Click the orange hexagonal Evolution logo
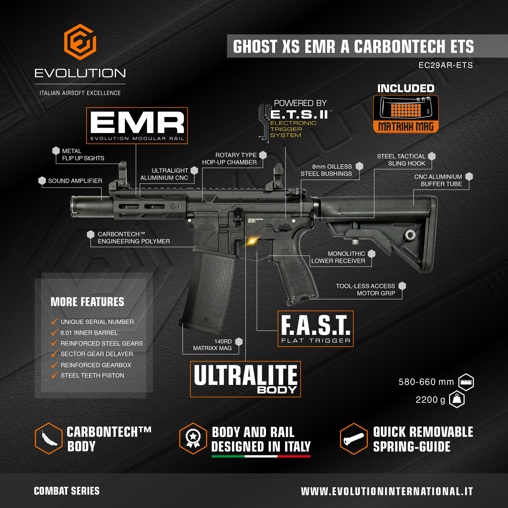pos(80,42)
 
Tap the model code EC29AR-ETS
pos(445,65)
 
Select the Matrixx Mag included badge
pos(406,114)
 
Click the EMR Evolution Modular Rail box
pos(137,126)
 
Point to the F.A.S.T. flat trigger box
pos(316,329)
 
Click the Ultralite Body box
pos(245,379)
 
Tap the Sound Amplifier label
pos(75,181)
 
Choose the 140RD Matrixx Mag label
pos(212,345)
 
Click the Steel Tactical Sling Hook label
pos(401,160)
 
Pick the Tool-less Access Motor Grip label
pos(366,290)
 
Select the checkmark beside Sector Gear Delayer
pos(55,354)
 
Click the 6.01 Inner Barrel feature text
pos(89,333)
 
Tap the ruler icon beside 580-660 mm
pos(466,382)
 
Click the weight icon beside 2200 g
pos(457,399)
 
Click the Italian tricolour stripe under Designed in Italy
pos(261,456)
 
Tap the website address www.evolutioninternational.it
pos(387,491)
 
